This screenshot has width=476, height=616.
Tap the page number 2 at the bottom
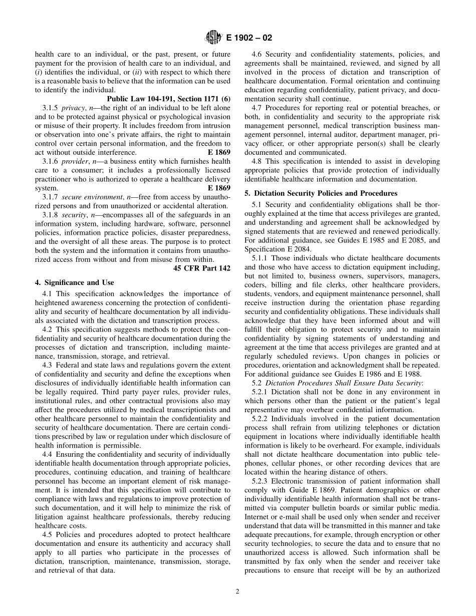237,591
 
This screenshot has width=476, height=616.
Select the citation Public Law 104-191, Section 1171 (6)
168,99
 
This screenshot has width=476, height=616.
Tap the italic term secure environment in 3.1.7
93,197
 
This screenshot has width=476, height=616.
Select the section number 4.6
257,54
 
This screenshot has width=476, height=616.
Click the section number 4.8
257,161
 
